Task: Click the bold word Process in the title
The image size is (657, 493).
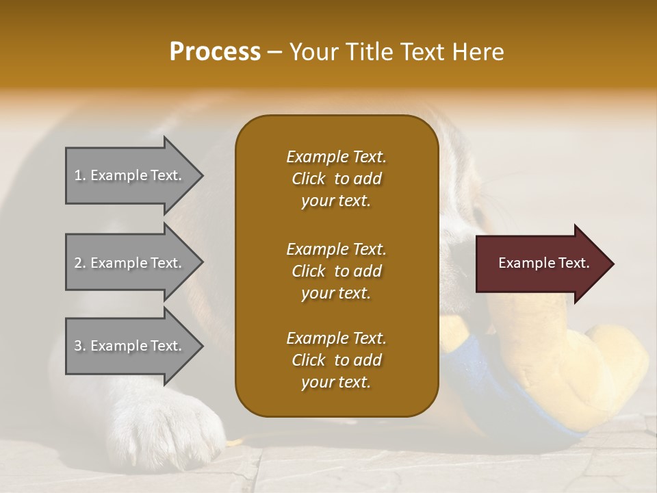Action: pyautogui.click(x=215, y=52)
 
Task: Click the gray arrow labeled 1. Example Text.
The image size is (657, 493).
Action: pyautogui.click(x=130, y=175)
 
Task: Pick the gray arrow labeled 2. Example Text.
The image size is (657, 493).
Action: pyautogui.click(x=130, y=263)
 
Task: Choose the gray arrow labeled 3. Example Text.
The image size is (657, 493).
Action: pyautogui.click(x=130, y=346)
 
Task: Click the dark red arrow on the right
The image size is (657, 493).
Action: pyautogui.click(x=541, y=264)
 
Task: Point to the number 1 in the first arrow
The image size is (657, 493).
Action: pyautogui.click(x=77, y=175)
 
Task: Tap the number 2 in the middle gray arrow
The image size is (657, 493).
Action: pyautogui.click(x=77, y=263)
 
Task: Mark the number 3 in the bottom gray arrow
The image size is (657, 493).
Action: pyautogui.click(x=77, y=346)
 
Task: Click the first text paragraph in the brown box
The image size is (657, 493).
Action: pyautogui.click(x=336, y=179)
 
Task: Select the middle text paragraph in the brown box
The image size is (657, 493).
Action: pyautogui.click(x=336, y=270)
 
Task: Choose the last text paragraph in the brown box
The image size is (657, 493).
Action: pyautogui.click(x=336, y=360)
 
